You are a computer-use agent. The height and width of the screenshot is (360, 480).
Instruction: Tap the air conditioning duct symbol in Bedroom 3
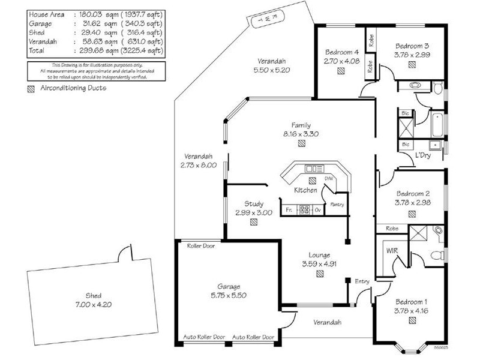tap(412, 65)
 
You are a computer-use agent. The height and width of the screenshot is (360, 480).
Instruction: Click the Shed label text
tap(93, 296)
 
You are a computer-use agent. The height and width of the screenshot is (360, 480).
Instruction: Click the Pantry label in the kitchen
tap(336, 205)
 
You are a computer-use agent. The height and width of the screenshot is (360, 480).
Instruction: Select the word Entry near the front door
tap(362, 281)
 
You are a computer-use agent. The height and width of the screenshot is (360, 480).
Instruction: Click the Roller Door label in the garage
tap(201, 246)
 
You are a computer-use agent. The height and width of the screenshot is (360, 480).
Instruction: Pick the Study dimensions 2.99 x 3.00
tap(258, 212)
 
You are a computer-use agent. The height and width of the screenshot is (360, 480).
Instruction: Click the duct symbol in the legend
tap(31, 89)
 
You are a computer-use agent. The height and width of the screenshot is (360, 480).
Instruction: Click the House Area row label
tap(46, 14)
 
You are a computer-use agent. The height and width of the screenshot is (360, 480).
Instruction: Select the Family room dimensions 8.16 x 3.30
tap(301, 134)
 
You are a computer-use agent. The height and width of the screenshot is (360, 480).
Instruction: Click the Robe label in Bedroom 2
tap(392, 229)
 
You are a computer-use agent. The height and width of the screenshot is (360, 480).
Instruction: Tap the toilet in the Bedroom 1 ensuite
tap(437, 231)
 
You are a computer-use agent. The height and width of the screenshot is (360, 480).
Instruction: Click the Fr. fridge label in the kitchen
tap(289, 210)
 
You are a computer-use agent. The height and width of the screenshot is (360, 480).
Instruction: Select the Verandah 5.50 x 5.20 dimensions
tap(272, 70)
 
